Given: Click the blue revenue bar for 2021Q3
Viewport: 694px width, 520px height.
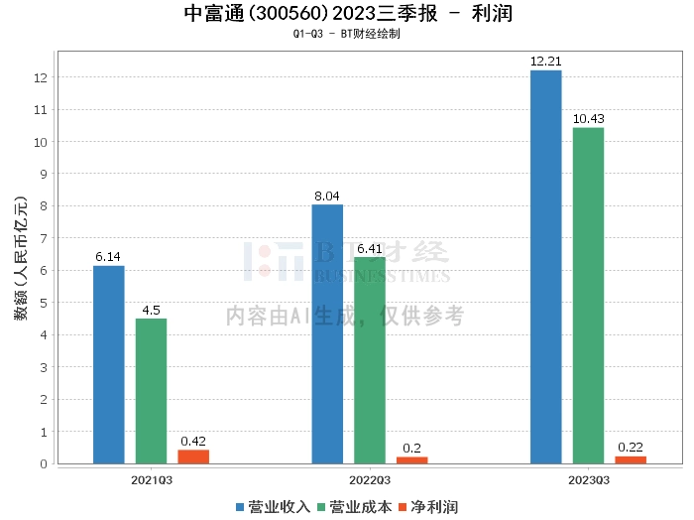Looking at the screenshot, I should pos(109,364).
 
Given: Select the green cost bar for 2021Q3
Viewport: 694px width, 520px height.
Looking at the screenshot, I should pos(151,391).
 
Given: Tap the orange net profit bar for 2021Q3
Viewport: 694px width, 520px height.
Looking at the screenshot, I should pos(193,456).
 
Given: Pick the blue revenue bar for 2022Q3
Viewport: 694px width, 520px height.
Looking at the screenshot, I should pos(327,333).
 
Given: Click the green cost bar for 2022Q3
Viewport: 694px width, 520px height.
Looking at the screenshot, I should pos(370,360).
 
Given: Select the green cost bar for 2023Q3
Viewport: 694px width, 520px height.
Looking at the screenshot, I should pos(588,295).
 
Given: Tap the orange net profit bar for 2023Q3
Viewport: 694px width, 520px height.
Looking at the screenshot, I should pos(631,459).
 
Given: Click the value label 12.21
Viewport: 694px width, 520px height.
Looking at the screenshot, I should pos(545,62).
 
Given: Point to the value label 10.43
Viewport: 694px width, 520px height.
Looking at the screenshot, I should pos(588,119).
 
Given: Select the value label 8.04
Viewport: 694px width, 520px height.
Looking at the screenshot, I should pos(327,196).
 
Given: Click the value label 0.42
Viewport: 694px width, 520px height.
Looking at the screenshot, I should pos(193,442).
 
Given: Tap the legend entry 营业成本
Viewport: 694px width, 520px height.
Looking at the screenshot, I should pos(352,506).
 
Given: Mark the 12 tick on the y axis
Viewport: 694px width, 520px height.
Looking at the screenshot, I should pos(41,77).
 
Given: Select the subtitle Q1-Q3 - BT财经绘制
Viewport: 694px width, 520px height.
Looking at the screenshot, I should pos(347,34).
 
